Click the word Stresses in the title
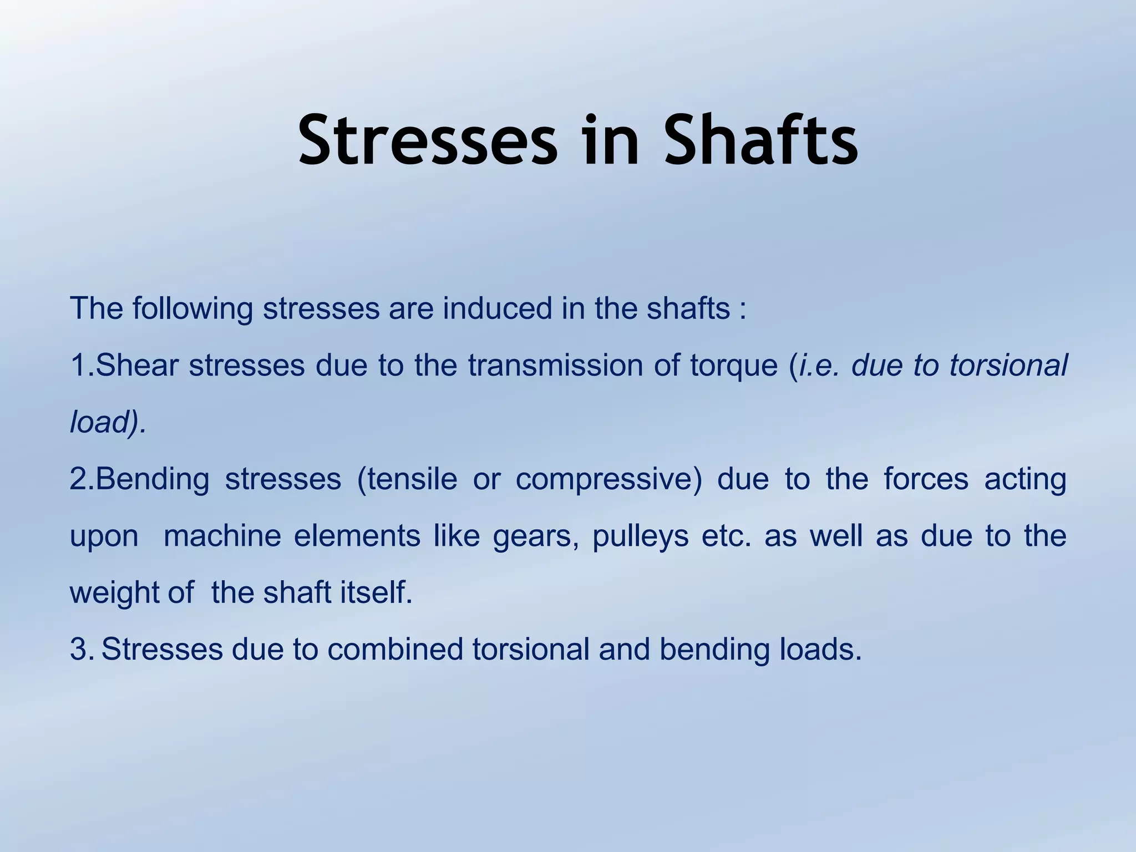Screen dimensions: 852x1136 427,140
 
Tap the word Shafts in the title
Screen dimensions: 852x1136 761,140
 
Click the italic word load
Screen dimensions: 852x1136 100,422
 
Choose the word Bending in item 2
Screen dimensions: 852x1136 153,480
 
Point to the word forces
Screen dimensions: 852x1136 926,479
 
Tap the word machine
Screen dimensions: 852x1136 222,536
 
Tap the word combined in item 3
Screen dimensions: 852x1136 395,650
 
